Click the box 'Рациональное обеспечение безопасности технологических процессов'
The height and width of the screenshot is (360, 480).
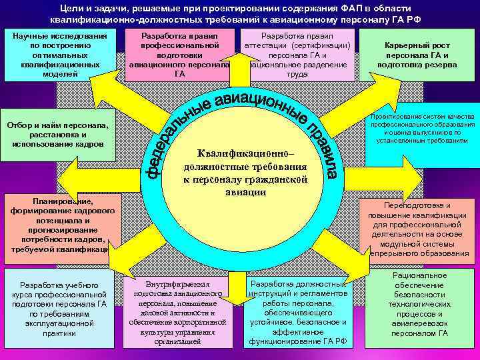coord(419,304)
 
